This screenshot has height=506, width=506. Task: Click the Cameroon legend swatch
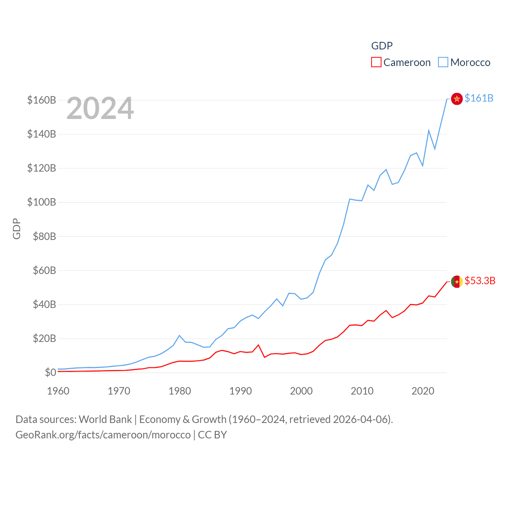coord(376,62)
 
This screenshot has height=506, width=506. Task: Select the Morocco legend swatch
coord(443,62)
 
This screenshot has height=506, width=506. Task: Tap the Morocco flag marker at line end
coord(457,99)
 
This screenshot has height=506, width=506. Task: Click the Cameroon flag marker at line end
coord(457,281)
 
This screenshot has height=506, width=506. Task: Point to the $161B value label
coord(479,98)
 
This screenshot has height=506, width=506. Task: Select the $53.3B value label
coord(480,281)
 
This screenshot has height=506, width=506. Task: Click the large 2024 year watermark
coord(100,108)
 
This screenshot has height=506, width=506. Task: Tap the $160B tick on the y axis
coord(42,100)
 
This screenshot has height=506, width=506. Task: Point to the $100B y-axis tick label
coord(42,202)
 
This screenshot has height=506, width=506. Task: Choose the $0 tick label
coord(50,372)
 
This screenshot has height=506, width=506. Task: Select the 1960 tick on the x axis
coord(58,391)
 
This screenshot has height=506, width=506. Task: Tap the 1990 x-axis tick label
coord(240,391)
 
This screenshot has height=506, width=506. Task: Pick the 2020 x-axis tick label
coord(423,391)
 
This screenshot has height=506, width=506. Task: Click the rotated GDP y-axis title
coord(17,228)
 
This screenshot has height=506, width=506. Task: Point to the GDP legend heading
coord(382,46)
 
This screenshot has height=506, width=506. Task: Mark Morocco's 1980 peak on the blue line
coord(179,336)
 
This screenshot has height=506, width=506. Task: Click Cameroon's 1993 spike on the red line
coord(259,345)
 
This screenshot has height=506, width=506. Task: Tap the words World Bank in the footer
coord(105,419)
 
